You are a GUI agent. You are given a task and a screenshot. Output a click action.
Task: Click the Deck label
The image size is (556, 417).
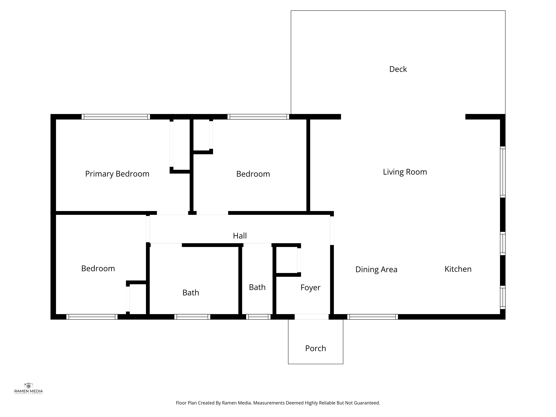pyautogui.click(x=398, y=69)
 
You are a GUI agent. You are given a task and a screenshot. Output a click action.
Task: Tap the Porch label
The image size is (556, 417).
pyautogui.click(x=315, y=348)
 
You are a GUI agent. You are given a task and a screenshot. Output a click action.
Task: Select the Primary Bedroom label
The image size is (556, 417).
pyautogui.click(x=117, y=174)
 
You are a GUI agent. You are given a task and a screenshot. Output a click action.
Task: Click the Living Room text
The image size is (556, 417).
pyautogui.click(x=405, y=172)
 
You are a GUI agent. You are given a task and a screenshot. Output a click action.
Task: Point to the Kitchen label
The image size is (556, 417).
pyautogui.click(x=458, y=269)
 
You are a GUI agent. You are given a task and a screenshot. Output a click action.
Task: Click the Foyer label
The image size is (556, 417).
pyautogui.click(x=310, y=288)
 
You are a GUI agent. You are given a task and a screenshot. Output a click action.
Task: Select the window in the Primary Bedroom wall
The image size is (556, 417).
pyautogui.click(x=116, y=117)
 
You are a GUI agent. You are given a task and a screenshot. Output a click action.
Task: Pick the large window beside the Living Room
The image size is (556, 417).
pyautogui.click(x=502, y=172)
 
